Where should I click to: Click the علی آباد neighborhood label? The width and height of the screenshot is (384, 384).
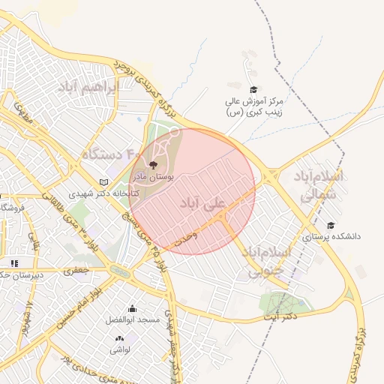(203, 202)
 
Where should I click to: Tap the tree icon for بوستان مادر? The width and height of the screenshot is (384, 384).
(154, 164)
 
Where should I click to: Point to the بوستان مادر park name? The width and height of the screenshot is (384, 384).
(154, 178)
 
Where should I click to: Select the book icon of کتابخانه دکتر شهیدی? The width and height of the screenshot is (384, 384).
(103, 182)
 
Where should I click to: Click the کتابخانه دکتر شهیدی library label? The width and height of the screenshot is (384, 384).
(94, 193)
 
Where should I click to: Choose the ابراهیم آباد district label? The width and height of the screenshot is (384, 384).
(87, 88)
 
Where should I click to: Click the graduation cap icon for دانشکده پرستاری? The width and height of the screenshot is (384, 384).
(331, 224)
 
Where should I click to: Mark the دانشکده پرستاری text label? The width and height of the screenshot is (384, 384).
(331, 236)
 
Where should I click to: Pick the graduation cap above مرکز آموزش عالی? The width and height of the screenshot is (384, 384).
(253, 89)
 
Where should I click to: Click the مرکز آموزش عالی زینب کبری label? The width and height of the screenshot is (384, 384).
(255, 106)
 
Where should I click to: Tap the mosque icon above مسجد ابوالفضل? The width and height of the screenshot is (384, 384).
(133, 307)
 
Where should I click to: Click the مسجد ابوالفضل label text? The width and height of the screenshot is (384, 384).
(133, 320)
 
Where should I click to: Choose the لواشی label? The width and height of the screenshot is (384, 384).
(120, 349)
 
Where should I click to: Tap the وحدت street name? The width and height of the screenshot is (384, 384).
(184, 239)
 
